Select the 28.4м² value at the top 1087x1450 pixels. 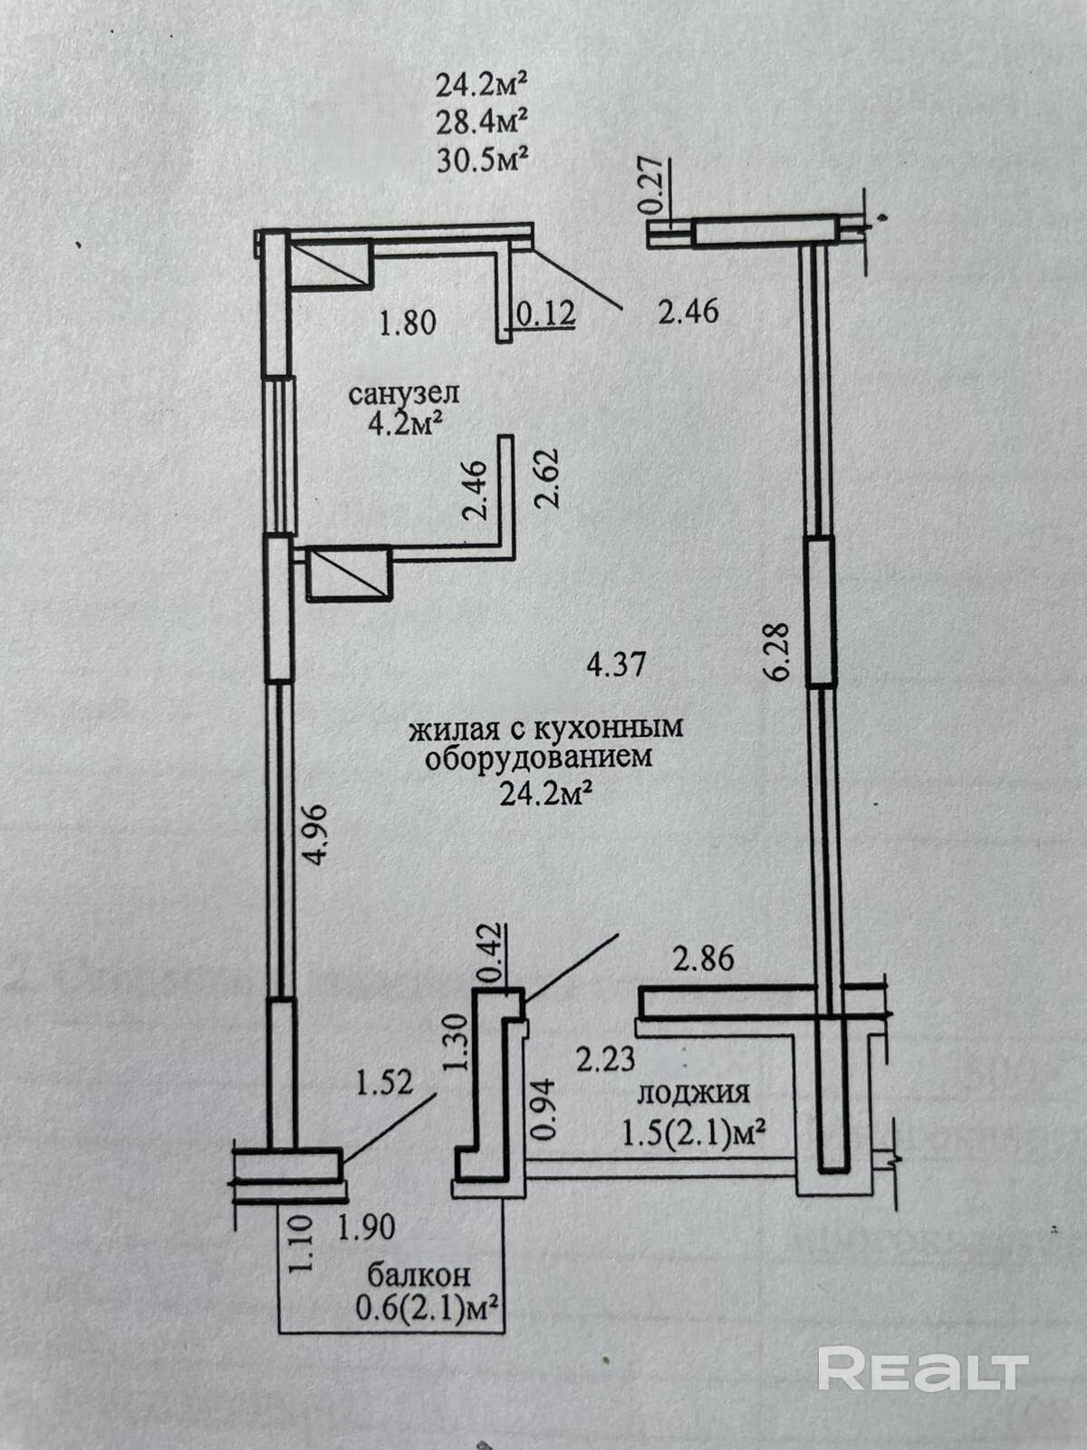[x=482, y=121]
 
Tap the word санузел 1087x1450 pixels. [x=404, y=394]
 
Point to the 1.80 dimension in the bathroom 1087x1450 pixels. [x=408, y=322]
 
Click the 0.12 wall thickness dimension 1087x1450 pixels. [x=545, y=314]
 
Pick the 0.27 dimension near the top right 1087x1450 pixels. [x=656, y=186]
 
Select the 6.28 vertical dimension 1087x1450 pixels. [x=784, y=650]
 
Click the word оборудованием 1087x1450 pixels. [x=539, y=758]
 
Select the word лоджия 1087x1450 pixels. [x=694, y=1093]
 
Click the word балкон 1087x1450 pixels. [x=418, y=1275]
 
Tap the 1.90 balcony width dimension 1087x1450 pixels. [x=367, y=1228]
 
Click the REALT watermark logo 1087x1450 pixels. [x=923, y=1368]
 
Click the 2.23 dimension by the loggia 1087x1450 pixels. [x=606, y=1058]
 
